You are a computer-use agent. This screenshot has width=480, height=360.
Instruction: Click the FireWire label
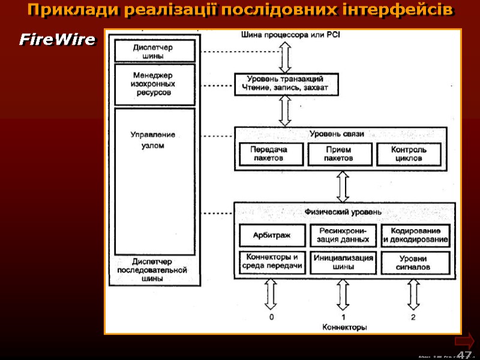pyautogui.click(x=57, y=40)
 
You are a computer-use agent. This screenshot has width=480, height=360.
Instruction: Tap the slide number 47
pyautogui.click(x=464, y=355)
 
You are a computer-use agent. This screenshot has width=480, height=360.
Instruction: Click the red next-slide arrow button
pyautogui.click(x=464, y=341)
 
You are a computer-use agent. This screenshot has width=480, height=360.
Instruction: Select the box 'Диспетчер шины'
pyautogui.click(x=155, y=50)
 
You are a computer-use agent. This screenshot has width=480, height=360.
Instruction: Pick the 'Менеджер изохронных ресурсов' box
pyautogui.click(x=155, y=84)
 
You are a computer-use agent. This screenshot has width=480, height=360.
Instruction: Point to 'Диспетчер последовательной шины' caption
pyautogui.click(x=153, y=270)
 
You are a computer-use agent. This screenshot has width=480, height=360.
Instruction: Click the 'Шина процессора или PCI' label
pyautogui.click(x=290, y=35)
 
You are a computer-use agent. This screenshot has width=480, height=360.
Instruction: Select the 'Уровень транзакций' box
pyautogui.click(x=286, y=84)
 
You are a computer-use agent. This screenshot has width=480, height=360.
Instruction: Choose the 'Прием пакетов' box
pyautogui.click(x=338, y=154)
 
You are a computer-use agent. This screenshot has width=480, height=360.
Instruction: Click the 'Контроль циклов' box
pyautogui.click(x=409, y=154)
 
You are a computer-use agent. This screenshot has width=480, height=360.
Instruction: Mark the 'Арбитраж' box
pyautogui.click(x=272, y=235)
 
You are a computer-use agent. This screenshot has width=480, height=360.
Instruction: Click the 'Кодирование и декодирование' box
pyautogui.click(x=415, y=235)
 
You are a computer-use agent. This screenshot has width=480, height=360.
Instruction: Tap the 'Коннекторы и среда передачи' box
pyautogui.click(x=272, y=262)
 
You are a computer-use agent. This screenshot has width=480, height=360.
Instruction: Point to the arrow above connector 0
pyautogui.click(x=271, y=294)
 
